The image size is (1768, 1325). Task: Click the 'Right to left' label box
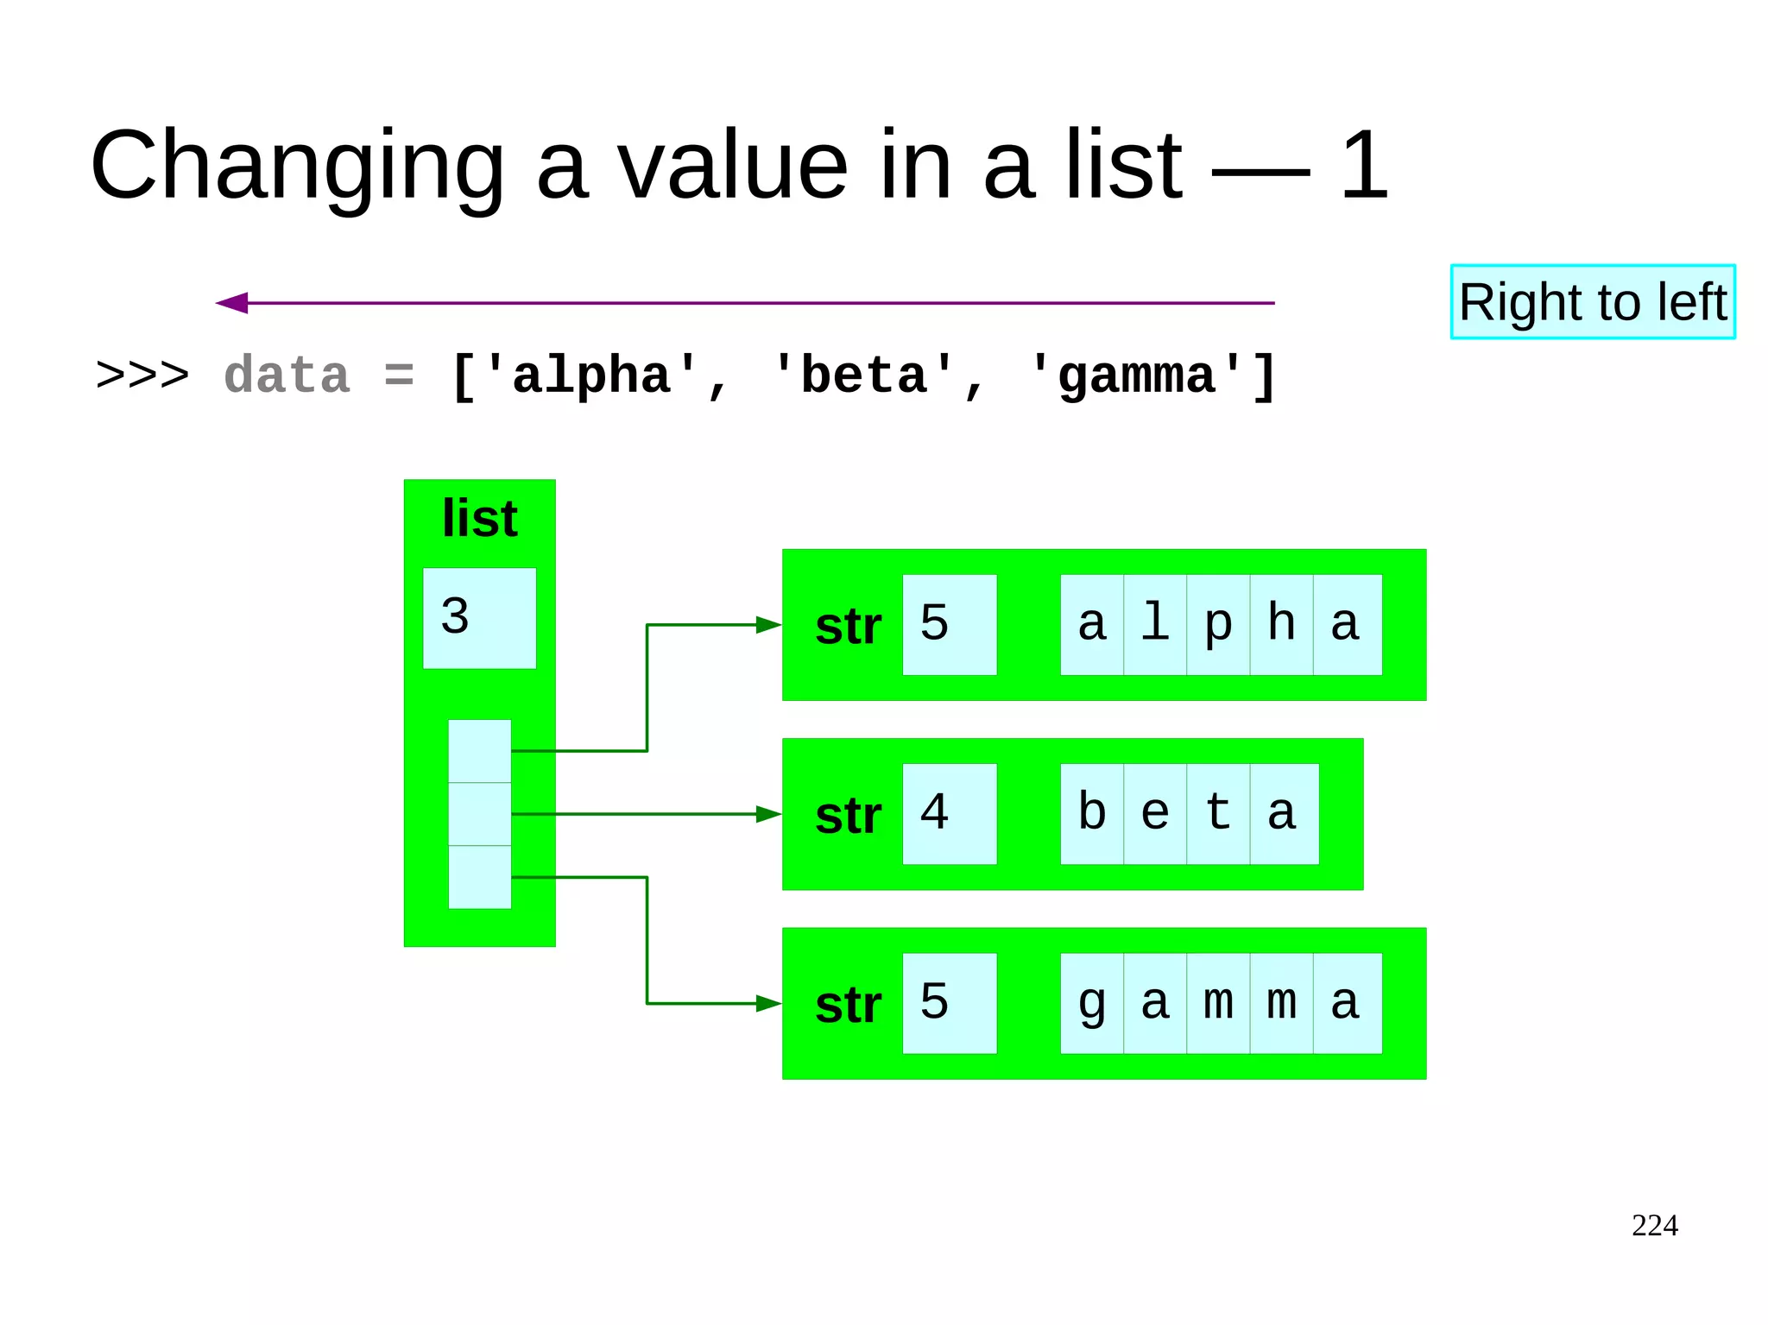(x=1592, y=302)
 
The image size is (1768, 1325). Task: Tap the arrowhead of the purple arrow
(x=231, y=303)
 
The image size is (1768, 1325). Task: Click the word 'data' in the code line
(x=287, y=376)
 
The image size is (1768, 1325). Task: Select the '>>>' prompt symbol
(x=142, y=376)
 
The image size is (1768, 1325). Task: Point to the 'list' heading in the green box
(x=479, y=519)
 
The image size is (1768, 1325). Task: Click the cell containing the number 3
(x=479, y=618)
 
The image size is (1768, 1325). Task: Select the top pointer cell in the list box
(x=479, y=751)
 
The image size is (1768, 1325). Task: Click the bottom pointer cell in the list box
(x=479, y=877)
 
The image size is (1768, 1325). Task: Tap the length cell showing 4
(x=949, y=814)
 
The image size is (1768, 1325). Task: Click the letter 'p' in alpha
(x=1218, y=625)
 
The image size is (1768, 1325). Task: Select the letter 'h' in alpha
(x=1281, y=625)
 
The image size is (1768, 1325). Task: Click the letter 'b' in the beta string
(x=1092, y=814)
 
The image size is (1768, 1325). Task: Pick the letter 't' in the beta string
(x=1218, y=814)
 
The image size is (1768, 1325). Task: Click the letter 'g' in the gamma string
(x=1092, y=1003)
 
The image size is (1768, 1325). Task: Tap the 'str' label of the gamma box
(x=848, y=1006)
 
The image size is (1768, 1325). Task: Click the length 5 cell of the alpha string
(x=949, y=625)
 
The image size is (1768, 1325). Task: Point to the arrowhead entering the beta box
(x=768, y=814)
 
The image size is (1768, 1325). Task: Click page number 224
(x=1654, y=1226)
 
